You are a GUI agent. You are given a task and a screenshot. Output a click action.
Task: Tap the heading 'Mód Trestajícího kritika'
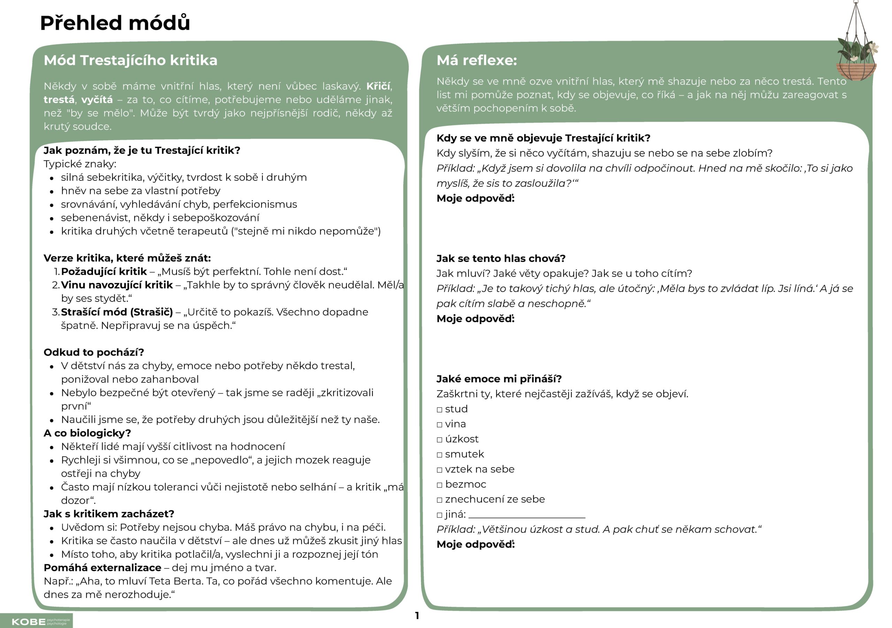[131, 60]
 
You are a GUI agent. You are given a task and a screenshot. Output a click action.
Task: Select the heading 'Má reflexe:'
[477, 60]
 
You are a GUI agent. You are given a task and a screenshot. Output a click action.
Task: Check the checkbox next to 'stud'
[439, 409]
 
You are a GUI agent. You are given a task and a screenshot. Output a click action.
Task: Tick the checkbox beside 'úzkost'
[439, 440]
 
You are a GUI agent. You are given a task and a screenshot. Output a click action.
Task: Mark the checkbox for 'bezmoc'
[439, 485]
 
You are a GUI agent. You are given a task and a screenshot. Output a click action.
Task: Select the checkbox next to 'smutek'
[439, 455]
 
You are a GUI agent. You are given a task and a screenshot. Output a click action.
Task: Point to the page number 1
[417, 615]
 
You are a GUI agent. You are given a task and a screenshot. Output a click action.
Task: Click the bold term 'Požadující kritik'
[104, 271]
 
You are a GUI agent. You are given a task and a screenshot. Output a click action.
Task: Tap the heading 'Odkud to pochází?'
[94, 352]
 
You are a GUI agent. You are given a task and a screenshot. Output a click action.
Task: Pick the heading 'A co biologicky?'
[87, 433]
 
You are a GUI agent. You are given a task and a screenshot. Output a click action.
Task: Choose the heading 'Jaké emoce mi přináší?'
[499, 379]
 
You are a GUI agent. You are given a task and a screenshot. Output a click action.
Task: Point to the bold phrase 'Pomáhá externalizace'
[102, 567]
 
